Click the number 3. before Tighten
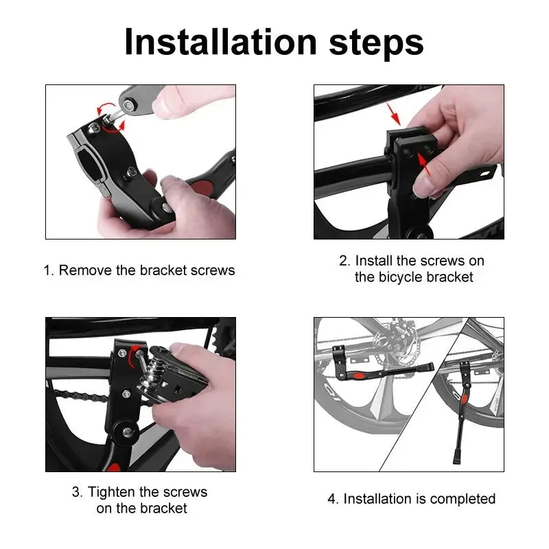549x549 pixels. coord(77,492)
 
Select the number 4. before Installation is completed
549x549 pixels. coord(333,499)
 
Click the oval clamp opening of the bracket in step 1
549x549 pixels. coord(93,165)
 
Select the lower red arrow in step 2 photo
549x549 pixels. coord(423,164)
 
